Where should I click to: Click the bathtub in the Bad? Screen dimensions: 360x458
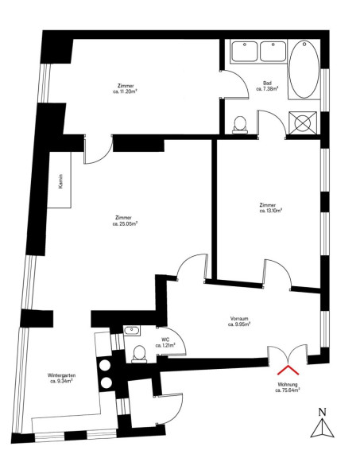[304, 69]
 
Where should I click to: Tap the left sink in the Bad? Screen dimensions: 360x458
[245, 52]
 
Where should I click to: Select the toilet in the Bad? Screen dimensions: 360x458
[240, 125]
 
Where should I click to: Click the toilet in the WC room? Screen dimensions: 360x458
[139, 354]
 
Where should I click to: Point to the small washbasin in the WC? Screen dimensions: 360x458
[132, 331]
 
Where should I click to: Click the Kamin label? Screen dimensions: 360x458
[60, 181]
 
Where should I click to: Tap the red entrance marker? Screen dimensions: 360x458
[288, 370]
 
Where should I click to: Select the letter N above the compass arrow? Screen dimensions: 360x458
[322, 412]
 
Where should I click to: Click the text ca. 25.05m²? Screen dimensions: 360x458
[125, 224]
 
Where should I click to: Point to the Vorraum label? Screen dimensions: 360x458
[239, 318]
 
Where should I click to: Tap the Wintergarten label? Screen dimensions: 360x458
[62, 375]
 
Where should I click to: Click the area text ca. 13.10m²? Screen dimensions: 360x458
[271, 211]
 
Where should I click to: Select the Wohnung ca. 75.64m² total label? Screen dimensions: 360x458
[288, 387]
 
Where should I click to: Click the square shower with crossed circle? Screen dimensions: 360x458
[303, 123]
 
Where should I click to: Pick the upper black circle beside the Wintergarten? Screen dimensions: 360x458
[105, 365]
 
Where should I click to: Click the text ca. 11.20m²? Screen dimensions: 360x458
[125, 91]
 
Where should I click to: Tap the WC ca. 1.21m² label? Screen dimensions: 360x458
[165, 343]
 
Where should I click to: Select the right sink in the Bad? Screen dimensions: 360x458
[273, 52]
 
